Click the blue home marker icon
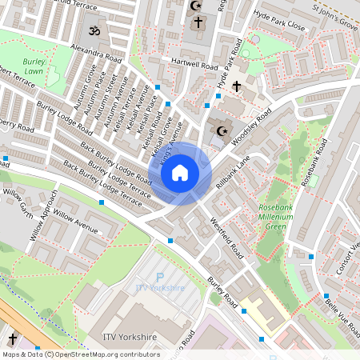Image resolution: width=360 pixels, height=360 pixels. point(180,172)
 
